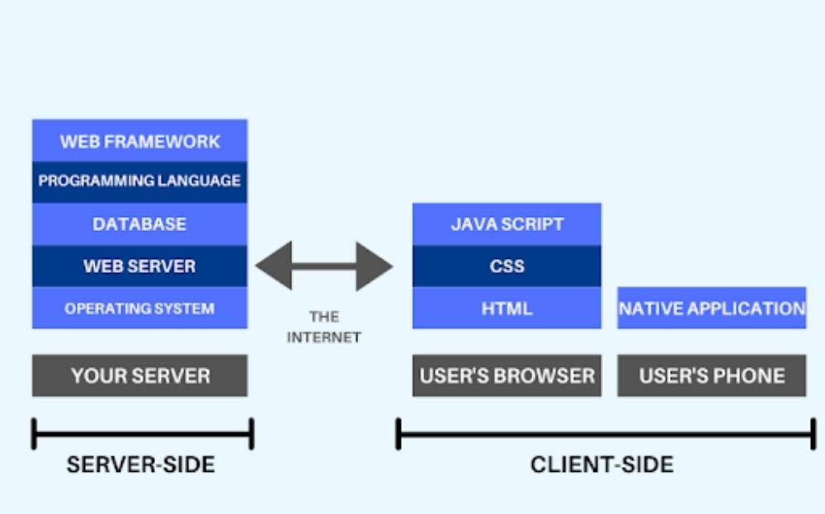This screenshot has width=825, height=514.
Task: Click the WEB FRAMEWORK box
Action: click(139, 141)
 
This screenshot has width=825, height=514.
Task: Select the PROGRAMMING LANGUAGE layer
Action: click(139, 182)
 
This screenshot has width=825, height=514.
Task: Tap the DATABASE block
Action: click(139, 224)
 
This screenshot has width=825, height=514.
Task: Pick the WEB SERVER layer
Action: click(139, 266)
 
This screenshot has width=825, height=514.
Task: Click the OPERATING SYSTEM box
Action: click(139, 309)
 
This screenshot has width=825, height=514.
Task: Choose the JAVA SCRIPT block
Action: click(507, 224)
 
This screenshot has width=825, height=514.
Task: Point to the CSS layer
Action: click(507, 266)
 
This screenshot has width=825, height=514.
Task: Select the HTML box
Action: click(507, 309)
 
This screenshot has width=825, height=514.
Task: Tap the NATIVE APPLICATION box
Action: click(711, 309)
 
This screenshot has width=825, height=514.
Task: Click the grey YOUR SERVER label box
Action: click(139, 376)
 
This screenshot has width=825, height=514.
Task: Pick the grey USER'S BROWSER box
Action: click(507, 376)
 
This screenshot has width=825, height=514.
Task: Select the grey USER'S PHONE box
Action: click(711, 376)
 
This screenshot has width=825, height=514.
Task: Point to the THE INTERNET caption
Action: click(324, 327)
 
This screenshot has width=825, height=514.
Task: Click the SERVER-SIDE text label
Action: click(141, 464)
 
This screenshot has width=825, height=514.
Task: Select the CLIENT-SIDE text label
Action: click(601, 464)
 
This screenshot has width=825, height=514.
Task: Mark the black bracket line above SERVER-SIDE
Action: click(142, 434)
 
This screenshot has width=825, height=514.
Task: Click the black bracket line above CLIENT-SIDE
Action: click(606, 434)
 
